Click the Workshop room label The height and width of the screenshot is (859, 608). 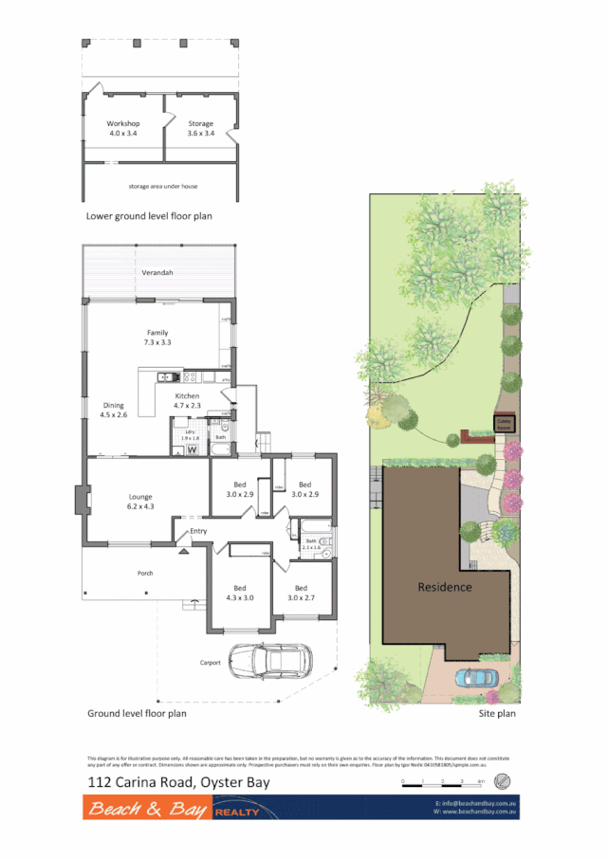click(122, 129)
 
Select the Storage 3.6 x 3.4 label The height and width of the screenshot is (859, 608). click(200, 129)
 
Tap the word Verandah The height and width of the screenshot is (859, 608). click(158, 273)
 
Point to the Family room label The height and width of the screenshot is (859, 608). click(157, 337)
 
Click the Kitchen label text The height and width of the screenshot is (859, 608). click(187, 400)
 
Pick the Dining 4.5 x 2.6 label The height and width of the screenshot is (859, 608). click(113, 410)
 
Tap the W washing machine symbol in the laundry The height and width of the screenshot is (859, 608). click(191, 449)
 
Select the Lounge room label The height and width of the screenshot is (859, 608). click(140, 502)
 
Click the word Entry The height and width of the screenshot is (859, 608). click(198, 531)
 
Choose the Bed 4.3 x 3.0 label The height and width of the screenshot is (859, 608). click(239, 593)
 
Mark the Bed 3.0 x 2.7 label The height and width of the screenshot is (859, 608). click(300, 593)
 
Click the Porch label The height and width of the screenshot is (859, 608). click(145, 573)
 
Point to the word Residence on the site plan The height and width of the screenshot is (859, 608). click(445, 587)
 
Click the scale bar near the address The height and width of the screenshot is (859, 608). click(442, 783)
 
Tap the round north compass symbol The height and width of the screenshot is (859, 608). click(504, 782)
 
